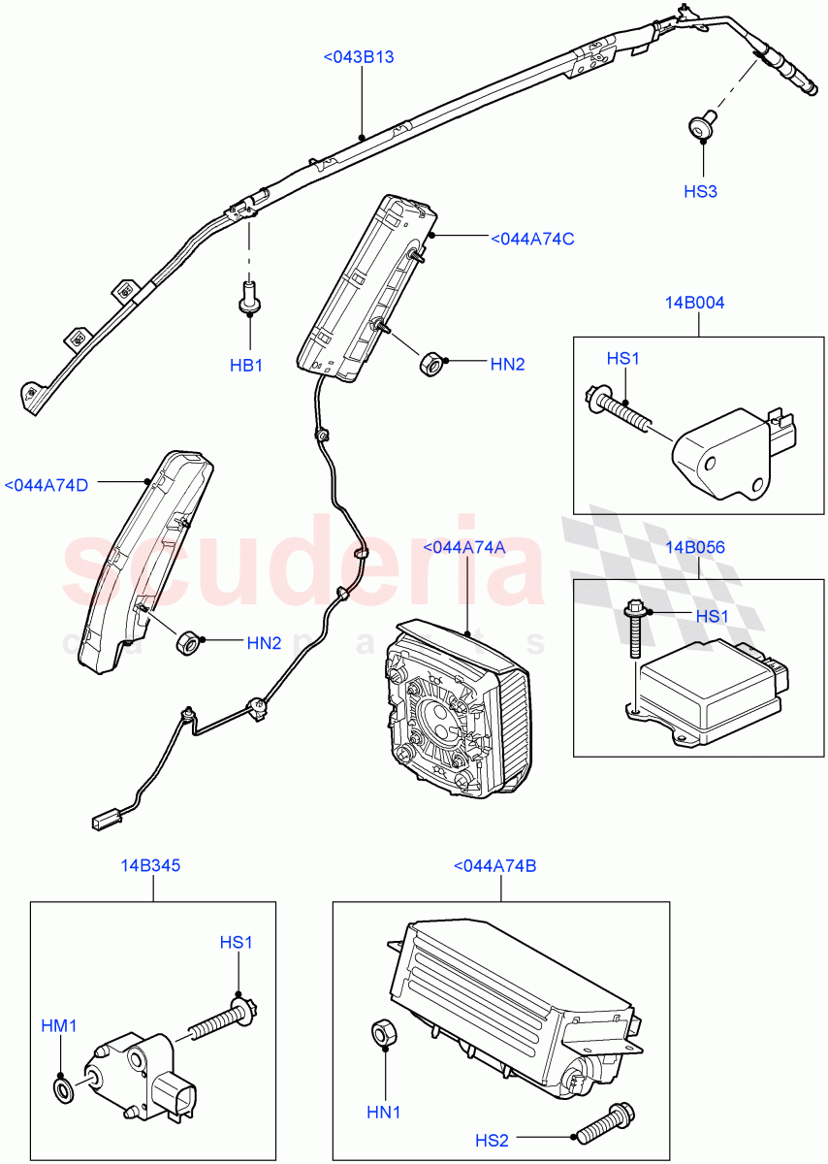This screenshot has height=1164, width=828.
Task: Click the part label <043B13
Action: pos(359,57)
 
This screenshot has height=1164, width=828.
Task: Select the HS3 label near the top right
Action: pos(700,191)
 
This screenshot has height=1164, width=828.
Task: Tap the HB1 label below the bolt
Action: pos(246,366)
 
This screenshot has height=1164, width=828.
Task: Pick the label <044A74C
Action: pos(532,238)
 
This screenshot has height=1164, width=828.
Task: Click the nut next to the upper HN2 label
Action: pos(430,365)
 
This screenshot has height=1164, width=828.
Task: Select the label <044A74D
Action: pos(47,484)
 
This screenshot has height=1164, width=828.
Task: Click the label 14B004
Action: pos(694,303)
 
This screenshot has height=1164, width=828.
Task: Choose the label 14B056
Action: pos(694,547)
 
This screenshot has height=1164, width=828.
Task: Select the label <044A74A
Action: pos(464,547)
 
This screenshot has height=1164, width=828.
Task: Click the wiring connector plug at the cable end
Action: pos(103,821)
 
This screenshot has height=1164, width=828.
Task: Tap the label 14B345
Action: pos(150,864)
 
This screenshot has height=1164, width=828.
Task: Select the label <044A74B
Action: pos(494,864)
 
